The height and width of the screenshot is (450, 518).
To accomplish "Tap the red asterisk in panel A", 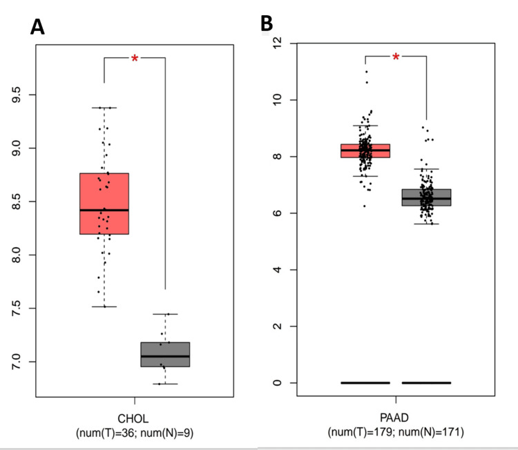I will (135, 59).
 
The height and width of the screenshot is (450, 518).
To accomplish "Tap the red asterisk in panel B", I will (396, 57).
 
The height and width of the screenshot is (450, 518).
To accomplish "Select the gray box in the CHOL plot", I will (165, 354).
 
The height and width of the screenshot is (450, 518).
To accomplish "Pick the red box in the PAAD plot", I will (365, 150).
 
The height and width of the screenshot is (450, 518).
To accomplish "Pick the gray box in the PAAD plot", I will (426, 197).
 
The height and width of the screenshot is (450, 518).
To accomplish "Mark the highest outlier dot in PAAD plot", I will (366, 72).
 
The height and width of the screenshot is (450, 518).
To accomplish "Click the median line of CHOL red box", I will (104, 210).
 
